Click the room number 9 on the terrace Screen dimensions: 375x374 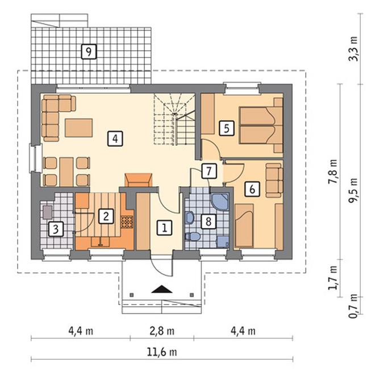pyautogui.click(x=89, y=51)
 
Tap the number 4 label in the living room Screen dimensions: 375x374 pyautogui.click(x=115, y=138)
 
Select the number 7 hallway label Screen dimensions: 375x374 pyautogui.click(x=209, y=171)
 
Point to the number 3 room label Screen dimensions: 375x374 pyautogui.click(x=56, y=229)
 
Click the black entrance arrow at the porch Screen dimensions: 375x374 pyautogui.click(x=162, y=289)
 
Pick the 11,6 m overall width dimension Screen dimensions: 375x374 pyautogui.click(x=162, y=352)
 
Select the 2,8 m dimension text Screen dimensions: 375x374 pyautogui.click(x=162, y=331)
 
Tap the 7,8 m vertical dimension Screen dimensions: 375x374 pyautogui.click(x=332, y=171)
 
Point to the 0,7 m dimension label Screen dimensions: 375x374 pyautogui.click(x=354, y=306)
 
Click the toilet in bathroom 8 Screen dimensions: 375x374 pyautogui.click(x=193, y=236)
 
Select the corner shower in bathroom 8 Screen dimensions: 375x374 pyautogui.click(x=220, y=202)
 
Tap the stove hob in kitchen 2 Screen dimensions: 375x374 pyautogui.click(x=127, y=222)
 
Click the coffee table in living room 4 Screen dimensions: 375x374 pyautogui.click(x=79, y=128)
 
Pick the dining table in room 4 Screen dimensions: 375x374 pyautogui.click(x=66, y=172)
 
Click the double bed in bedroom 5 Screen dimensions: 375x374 pyautogui.click(x=261, y=125)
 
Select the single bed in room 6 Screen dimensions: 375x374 pyautogui.click(x=244, y=225)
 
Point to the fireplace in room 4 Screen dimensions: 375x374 pyautogui.click(x=139, y=180)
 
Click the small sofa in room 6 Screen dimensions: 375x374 pyautogui.click(x=274, y=180)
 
